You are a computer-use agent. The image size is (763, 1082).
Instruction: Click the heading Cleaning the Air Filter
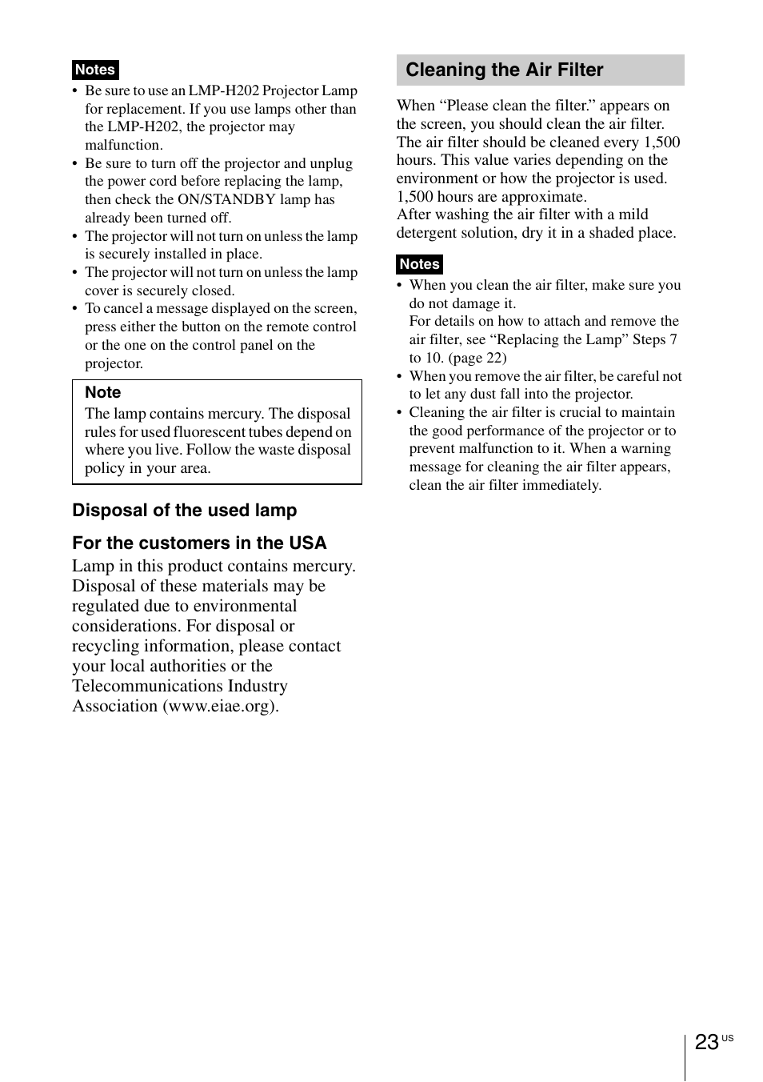[504, 70]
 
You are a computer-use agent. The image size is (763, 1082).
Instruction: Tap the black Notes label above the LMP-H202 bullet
[94, 70]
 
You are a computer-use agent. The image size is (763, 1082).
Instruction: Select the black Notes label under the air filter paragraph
[419, 264]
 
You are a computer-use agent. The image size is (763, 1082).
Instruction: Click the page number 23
[706, 1042]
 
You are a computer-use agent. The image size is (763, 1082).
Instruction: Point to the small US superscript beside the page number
[727, 1038]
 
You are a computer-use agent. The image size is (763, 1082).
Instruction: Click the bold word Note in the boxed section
[102, 392]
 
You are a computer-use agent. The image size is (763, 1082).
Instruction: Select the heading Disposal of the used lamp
[184, 511]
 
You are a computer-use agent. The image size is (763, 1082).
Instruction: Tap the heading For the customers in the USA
[199, 543]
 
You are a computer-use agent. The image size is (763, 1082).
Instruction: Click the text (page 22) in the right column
[477, 358]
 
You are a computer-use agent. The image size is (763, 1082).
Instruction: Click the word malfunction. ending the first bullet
[123, 145]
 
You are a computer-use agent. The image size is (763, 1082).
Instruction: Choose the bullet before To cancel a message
[75, 309]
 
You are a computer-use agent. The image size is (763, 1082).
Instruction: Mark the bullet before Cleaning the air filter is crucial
[399, 413]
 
